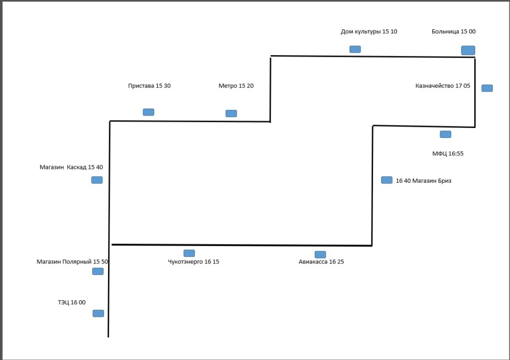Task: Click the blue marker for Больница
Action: click(468, 50)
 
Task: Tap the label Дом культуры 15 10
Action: click(369, 31)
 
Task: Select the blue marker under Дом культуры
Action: click(355, 49)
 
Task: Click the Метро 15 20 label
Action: click(236, 86)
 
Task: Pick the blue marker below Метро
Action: click(231, 114)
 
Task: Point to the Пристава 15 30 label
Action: click(149, 86)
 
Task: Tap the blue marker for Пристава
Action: click(148, 112)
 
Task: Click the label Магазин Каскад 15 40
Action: click(71, 167)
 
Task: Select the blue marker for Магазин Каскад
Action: click(97, 180)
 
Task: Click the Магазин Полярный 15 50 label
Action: click(72, 262)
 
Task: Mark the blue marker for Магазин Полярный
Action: click(98, 271)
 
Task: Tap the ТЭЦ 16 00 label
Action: click(72, 302)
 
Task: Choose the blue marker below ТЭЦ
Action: click(98, 313)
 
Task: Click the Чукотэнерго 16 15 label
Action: click(194, 262)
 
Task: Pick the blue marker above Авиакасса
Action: click(320, 254)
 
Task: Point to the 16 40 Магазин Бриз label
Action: click(423, 181)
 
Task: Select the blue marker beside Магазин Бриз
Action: click(386, 180)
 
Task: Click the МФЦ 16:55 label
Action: click(448, 153)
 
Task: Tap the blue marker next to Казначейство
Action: click(487, 88)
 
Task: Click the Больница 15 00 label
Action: click(453, 31)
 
